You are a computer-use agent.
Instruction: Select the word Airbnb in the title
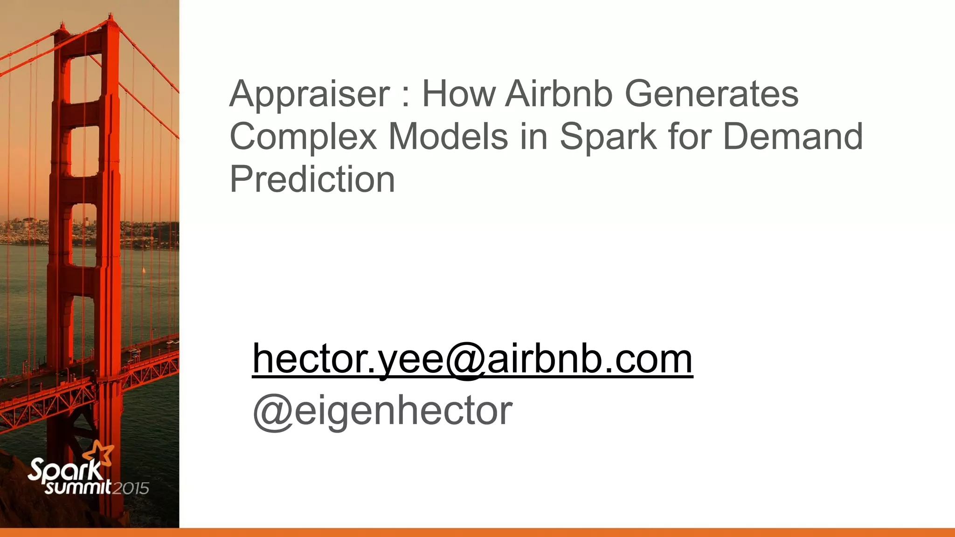point(559,94)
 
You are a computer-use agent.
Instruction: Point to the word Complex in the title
point(303,137)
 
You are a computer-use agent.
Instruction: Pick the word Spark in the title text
point(608,137)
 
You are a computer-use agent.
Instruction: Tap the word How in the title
point(459,94)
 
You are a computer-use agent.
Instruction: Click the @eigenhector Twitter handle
point(382,411)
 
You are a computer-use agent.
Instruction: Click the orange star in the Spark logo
point(99,453)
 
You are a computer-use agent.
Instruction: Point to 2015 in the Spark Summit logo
point(131,488)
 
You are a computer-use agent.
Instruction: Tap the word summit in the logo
point(78,487)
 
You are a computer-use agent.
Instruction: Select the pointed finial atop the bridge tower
point(110,18)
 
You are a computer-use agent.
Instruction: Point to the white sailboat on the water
point(144,270)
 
